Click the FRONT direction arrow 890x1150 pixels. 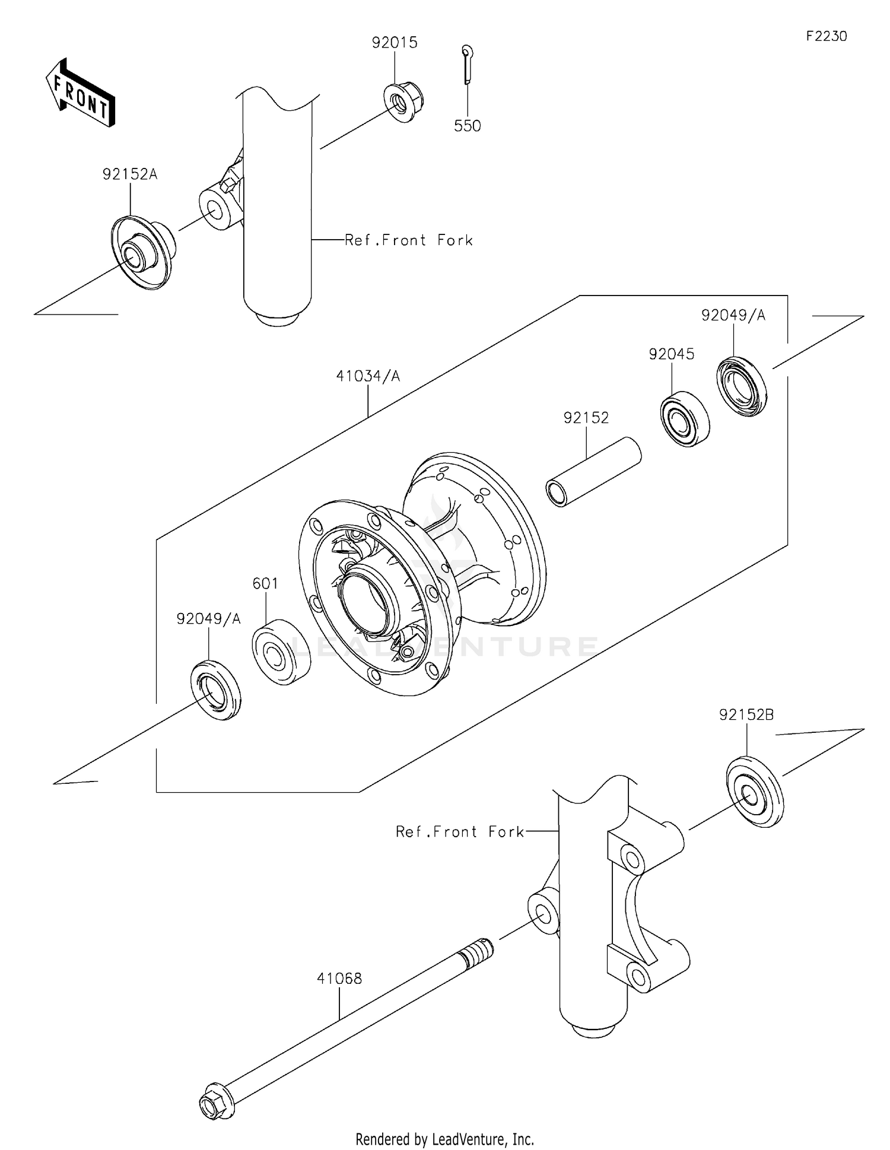point(80,93)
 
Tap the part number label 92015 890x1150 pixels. point(395,43)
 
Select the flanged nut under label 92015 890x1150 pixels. point(404,103)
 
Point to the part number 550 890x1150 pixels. point(467,126)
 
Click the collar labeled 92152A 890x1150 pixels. point(142,252)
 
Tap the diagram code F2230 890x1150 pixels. point(826,36)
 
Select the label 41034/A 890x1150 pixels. point(368,376)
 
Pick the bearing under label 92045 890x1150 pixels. point(685,418)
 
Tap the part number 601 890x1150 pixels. point(265,583)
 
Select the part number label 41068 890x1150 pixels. point(339,978)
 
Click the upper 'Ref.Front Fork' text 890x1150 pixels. point(409,240)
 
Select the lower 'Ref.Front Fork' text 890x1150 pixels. point(460,832)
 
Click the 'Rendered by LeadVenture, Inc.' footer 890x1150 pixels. point(444,1139)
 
